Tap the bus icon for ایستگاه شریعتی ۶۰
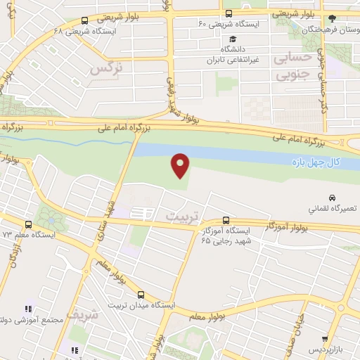click(x=229, y=13)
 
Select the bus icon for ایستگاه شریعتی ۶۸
click(x=85, y=20)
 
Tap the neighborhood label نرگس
click(x=107, y=68)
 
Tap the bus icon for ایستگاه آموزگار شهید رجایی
click(x=225, y=219)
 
